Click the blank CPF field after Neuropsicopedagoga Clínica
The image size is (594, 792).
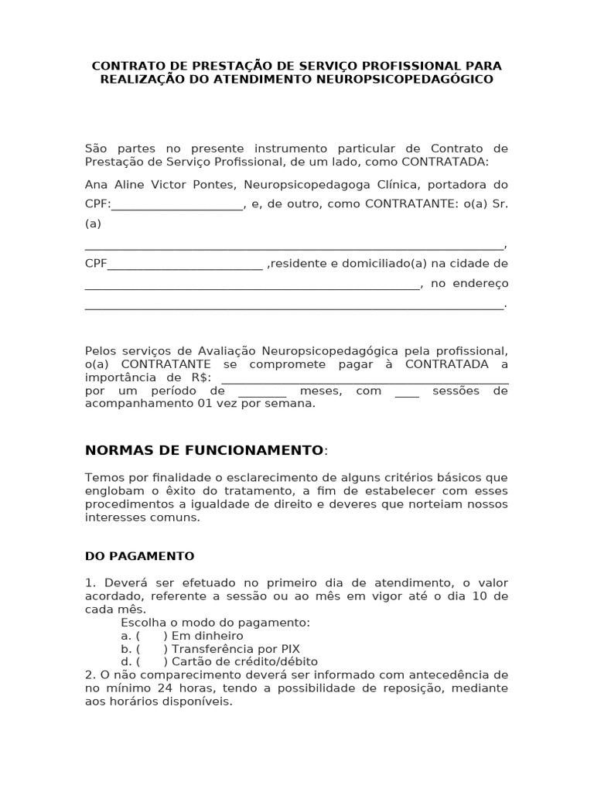point(177,205)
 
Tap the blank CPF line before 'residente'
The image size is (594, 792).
point(185,264)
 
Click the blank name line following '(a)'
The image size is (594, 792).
point(294,245)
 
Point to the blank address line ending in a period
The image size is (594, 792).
point(294,305)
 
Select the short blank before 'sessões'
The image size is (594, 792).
point(407,391)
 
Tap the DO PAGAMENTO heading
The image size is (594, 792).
point(139,556)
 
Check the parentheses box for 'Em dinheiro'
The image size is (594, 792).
point(152,636)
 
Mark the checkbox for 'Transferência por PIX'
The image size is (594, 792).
point(152,649)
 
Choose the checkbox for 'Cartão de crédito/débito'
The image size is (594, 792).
point(152,662)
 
